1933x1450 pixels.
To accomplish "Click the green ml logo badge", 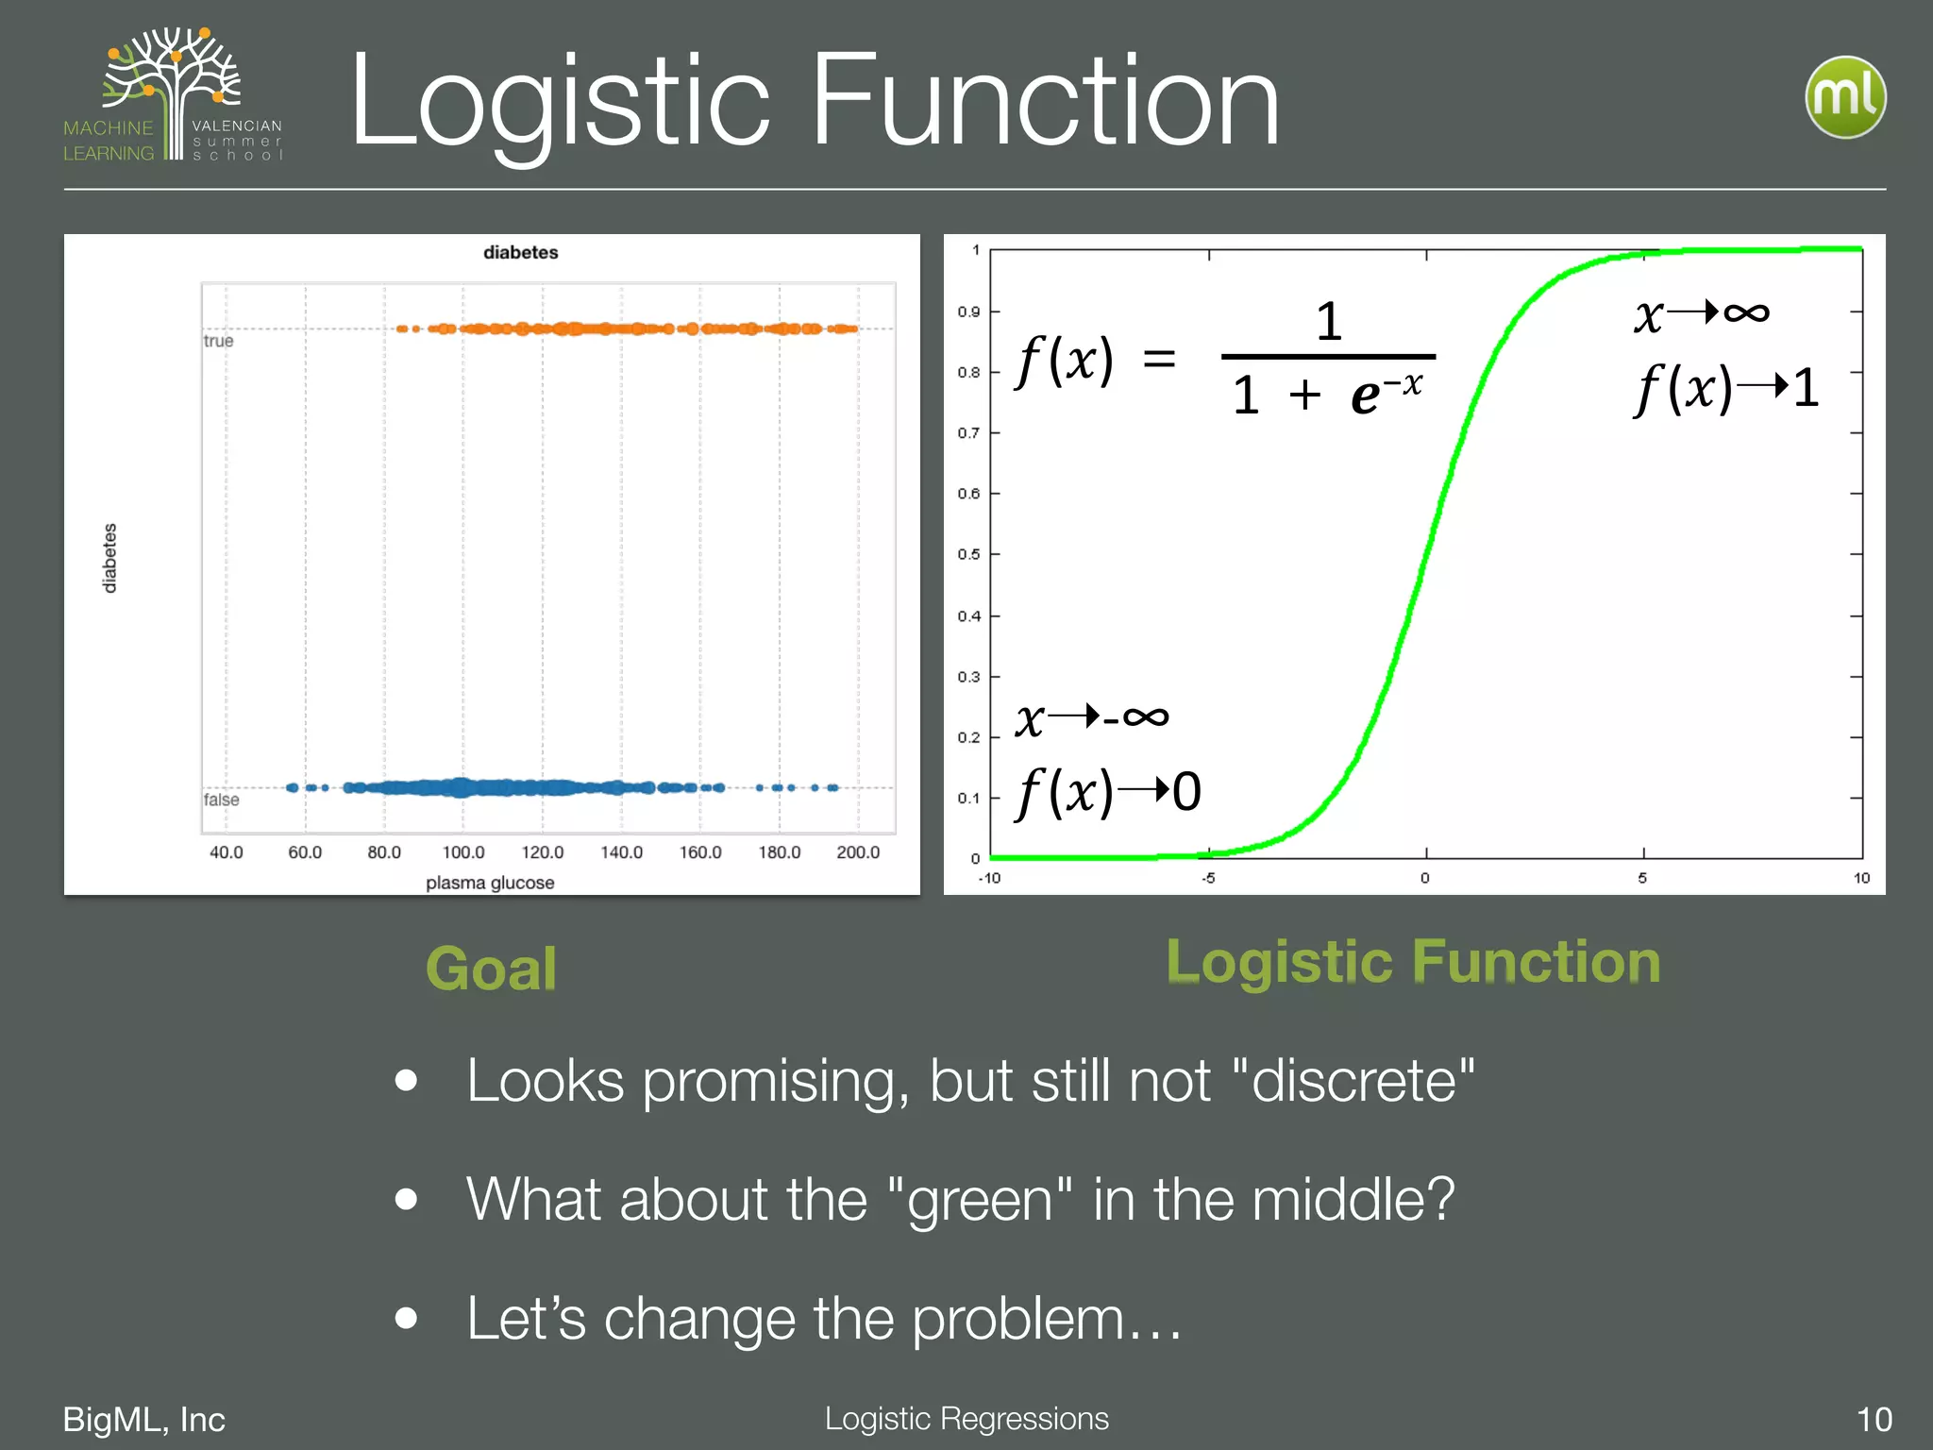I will click(1845, 97).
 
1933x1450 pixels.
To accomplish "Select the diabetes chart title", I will click(520, 252).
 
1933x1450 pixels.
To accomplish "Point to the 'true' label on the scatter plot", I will click(218, 341).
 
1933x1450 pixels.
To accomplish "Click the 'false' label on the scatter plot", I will click(222, 800).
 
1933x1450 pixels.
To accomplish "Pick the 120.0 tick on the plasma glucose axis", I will click(542, 852).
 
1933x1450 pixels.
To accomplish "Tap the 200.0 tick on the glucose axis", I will click(857, 852).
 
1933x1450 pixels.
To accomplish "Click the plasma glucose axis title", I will click(490, 883).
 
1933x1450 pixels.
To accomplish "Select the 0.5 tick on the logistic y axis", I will click(968, 554).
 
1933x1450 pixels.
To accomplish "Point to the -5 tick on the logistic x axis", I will click(1208, 879).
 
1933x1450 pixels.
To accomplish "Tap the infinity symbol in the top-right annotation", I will click(1745, 312).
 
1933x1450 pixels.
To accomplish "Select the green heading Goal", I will click(491, 969).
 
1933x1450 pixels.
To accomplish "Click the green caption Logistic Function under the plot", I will click(1413, 962).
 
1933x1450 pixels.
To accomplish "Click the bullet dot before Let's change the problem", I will click(407, 1318).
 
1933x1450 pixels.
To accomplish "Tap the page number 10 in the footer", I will click(1874, 1419).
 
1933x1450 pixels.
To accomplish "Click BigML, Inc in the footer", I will click(143, 1419).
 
